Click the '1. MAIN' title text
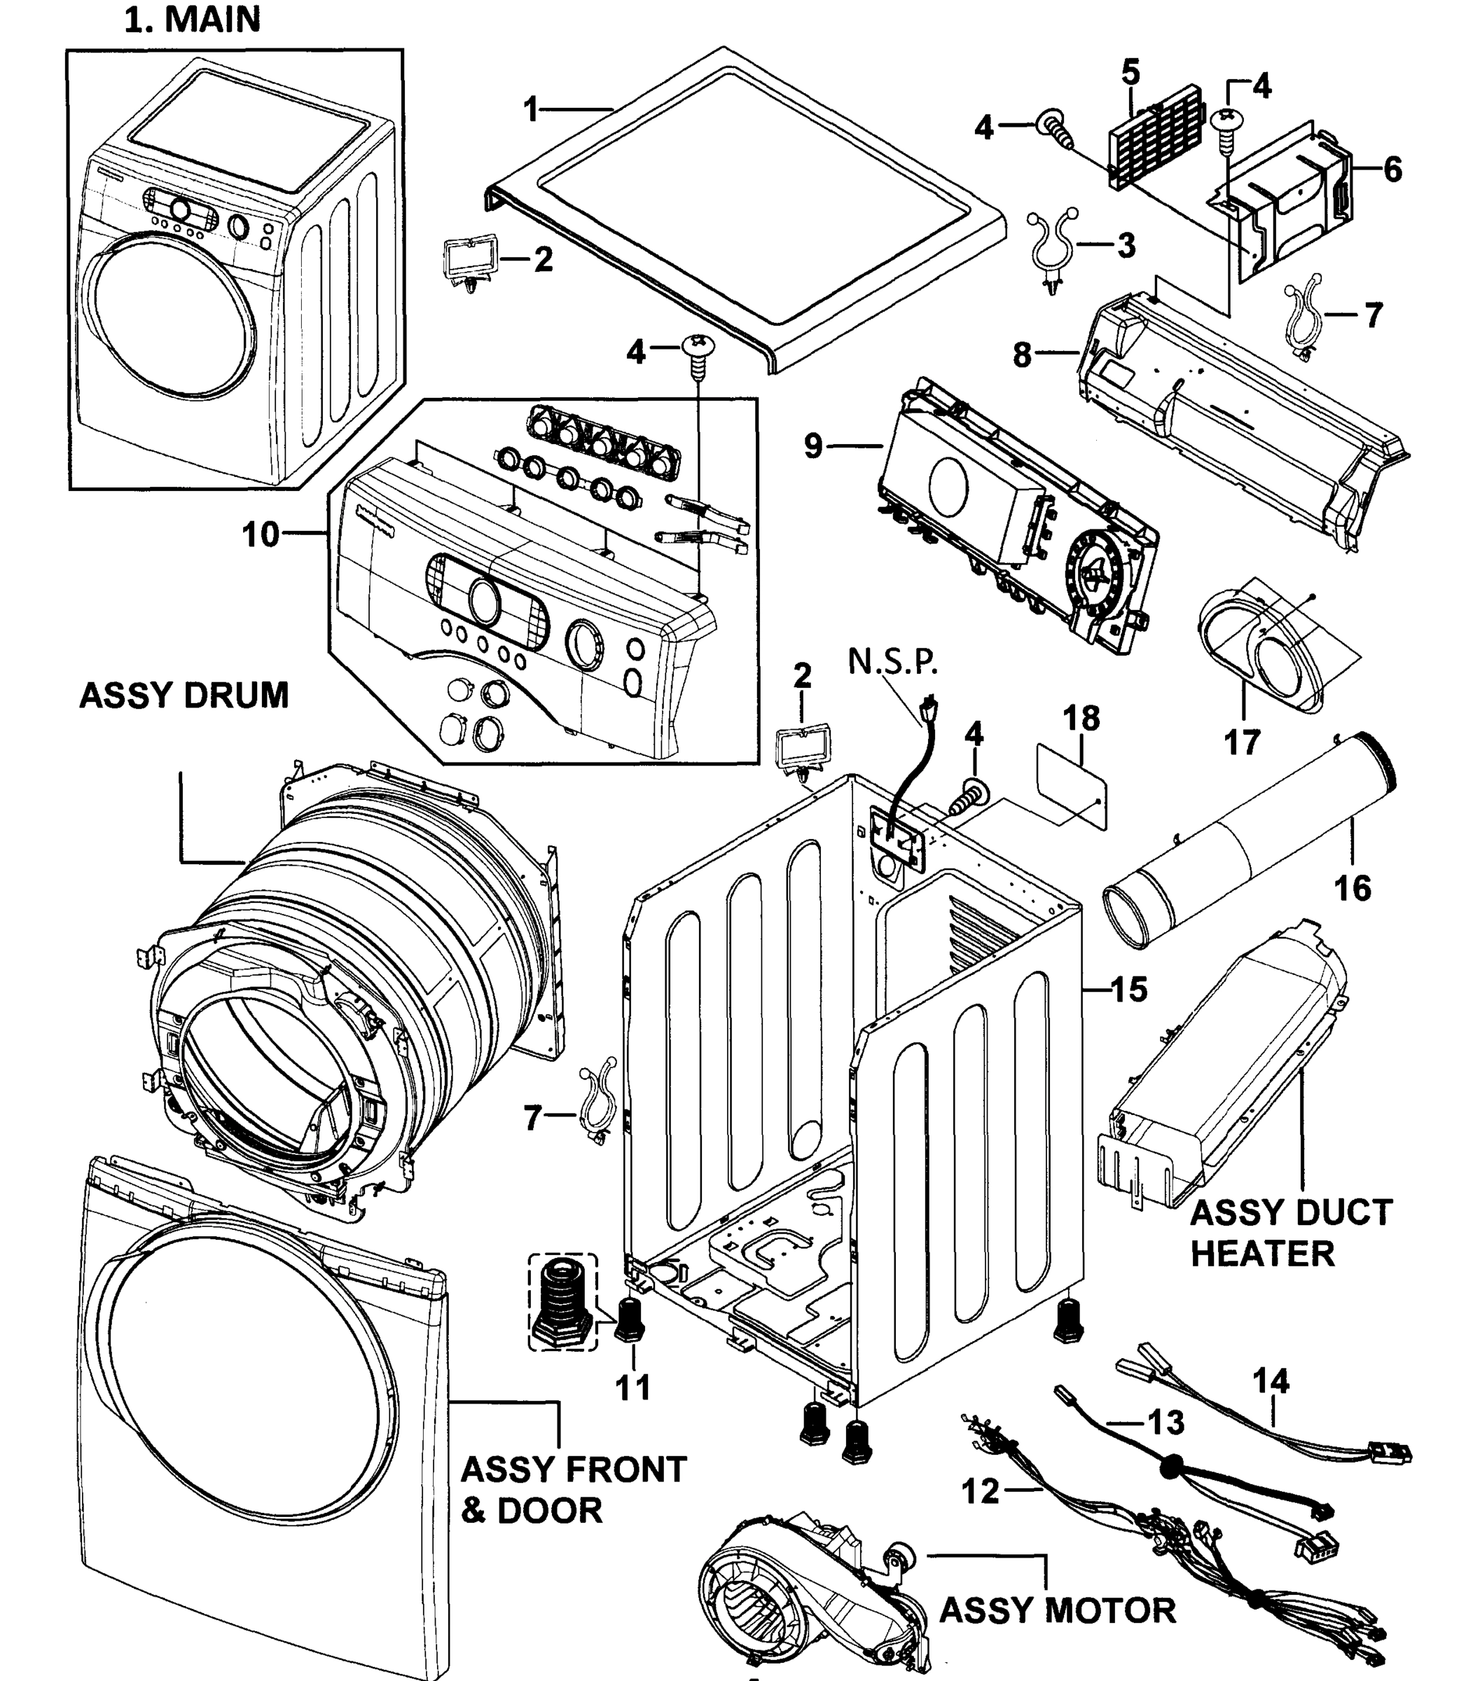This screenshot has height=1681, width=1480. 193,20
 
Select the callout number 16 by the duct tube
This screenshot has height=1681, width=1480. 1352,887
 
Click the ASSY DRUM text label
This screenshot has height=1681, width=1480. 184,696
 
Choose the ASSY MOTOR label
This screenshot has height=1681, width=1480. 1058,1610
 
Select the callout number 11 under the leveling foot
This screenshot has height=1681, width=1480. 633,1387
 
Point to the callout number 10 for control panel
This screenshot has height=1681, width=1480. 261,534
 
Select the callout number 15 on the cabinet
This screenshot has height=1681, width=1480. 1128,990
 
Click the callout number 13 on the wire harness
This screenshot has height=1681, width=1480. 1166,1422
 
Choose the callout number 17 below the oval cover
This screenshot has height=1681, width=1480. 1242,742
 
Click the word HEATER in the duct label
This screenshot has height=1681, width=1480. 1262,1253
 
